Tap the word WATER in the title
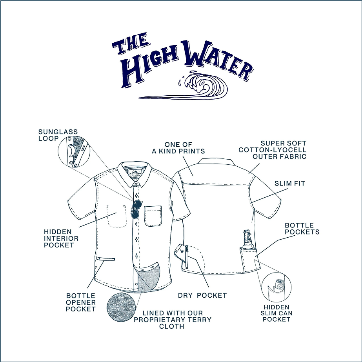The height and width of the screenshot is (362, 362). [218, 60]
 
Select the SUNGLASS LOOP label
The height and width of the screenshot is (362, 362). [58, 135]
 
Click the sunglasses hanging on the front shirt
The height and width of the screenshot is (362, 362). [136, 209]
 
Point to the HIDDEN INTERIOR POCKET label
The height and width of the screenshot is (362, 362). [61, 238]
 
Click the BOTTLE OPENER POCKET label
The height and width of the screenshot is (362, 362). [80, 302]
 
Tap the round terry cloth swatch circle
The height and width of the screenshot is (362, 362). [121, 307]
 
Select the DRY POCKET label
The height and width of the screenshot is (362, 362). [202, 295]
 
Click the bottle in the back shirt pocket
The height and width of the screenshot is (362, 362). [248, 239]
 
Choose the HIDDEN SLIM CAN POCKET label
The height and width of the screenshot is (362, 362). [277, 313]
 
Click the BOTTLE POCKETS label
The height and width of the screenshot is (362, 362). [302, 229]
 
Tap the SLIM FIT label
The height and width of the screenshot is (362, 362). [290, 184]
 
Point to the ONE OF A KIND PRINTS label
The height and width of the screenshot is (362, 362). [178, 148]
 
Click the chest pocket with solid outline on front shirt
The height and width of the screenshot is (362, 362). [153, 216]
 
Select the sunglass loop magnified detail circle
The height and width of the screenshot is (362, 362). [74, 151]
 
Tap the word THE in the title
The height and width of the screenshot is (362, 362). [131, 44]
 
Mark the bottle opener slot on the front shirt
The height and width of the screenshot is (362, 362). [106, 259]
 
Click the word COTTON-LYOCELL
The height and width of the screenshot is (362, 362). [273, 150]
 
